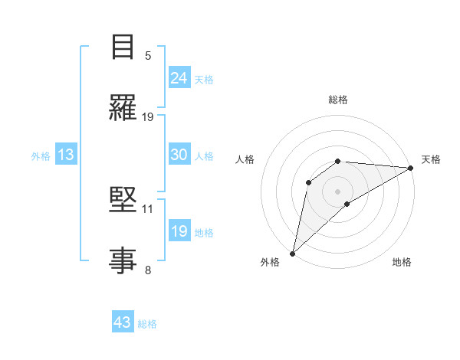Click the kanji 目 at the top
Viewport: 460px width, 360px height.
(123, 47)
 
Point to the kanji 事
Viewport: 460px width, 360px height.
(123, 260)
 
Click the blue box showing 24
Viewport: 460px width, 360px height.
(179, 77)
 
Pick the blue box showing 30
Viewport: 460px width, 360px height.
(179, 155)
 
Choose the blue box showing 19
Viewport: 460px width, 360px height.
(179, 231)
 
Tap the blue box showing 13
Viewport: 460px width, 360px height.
(66, 155)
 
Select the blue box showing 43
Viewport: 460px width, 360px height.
(123, 322)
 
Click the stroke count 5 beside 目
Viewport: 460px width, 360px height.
(148, 56)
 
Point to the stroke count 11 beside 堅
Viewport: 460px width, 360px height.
(148, 208)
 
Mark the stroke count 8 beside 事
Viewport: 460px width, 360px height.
(148, 269)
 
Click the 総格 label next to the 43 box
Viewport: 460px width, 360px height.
(147, 324)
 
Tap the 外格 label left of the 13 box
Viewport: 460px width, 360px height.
(41, 156)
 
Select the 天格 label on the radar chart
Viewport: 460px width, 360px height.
(431, 159)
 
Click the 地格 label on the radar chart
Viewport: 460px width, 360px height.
(402, 262)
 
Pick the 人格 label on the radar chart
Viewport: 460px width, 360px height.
(245, 159)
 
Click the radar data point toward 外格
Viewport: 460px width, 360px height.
(292, 253)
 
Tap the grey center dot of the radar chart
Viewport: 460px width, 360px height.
(337, 191)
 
